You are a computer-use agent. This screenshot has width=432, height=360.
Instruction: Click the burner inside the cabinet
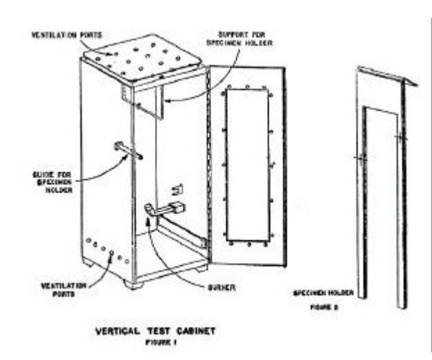pos(166,207)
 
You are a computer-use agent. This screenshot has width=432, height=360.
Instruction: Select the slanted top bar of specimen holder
pos(388,74)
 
